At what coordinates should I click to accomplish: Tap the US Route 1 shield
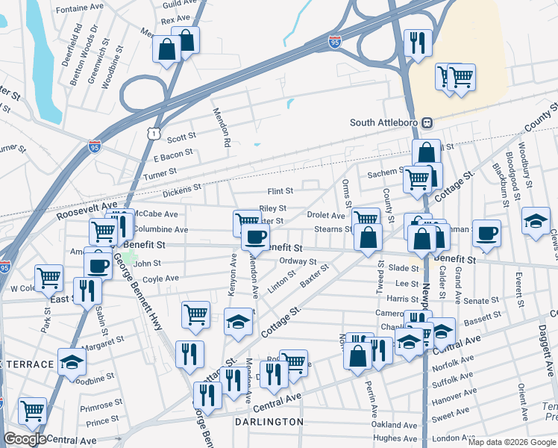(152, 132)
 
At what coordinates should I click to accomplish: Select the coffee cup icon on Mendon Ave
(255, 237)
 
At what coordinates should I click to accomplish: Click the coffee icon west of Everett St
(486, 232)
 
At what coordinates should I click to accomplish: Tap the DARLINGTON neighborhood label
(269, 422)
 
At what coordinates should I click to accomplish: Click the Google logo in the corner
(25, 439)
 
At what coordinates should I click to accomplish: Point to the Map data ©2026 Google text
(512, 442)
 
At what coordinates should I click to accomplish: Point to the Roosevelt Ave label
(87, 210)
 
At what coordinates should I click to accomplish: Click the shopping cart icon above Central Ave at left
(33, 410)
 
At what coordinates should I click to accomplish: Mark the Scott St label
(181, 137)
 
